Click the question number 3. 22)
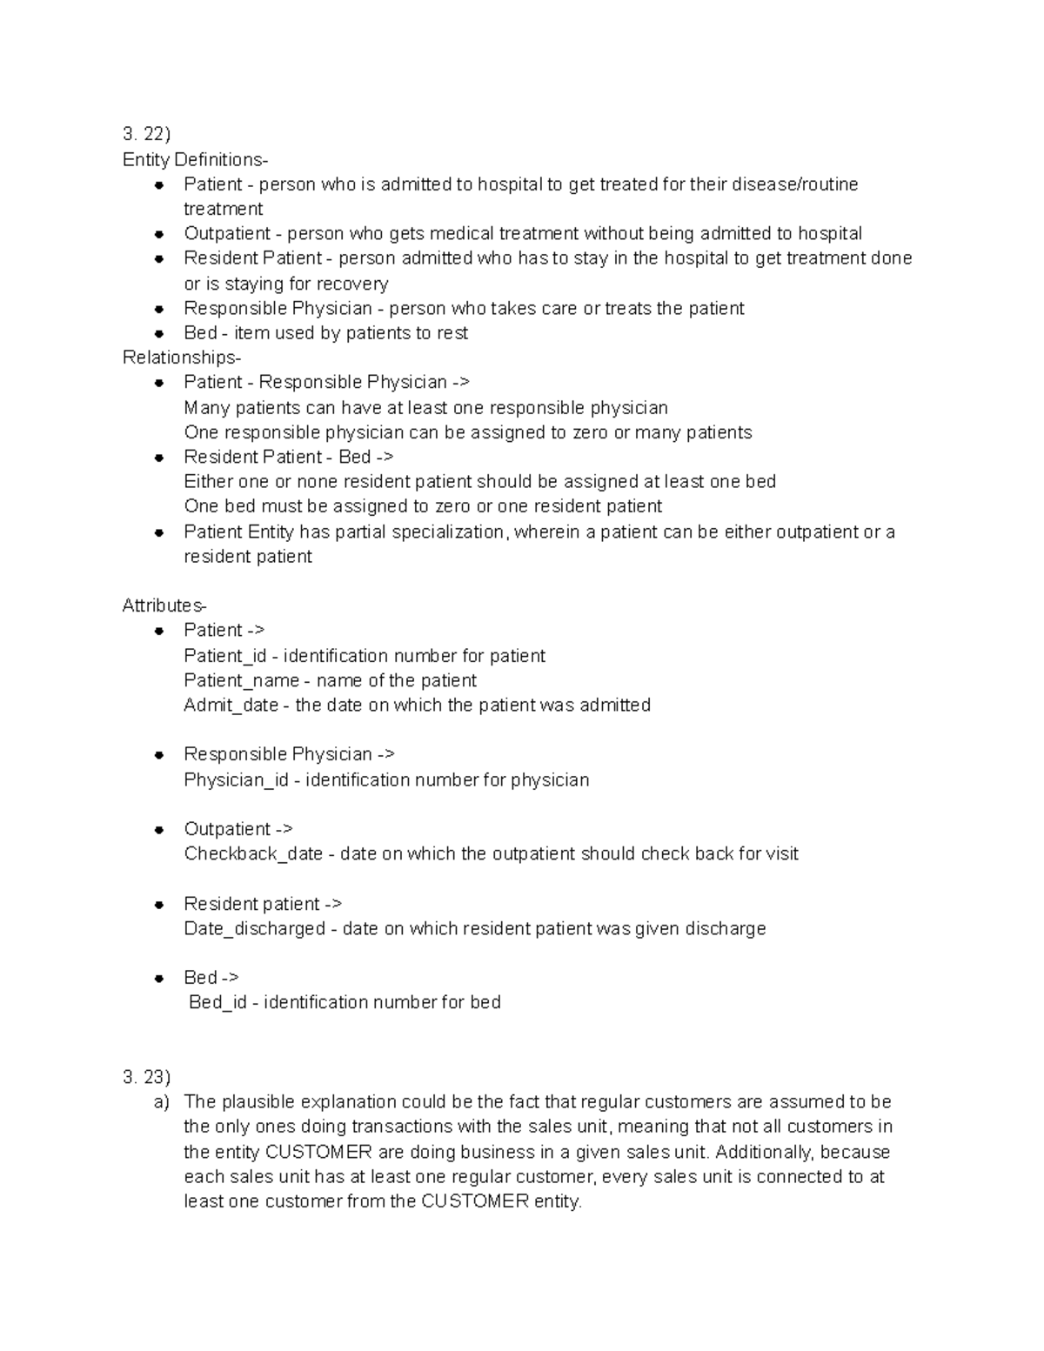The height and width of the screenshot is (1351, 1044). [x=146, y=134]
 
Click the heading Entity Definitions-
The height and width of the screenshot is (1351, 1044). [x=195, y=159]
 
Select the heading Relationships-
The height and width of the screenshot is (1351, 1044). [x=181, y=358]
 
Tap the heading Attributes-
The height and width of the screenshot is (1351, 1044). [x=164, y=605]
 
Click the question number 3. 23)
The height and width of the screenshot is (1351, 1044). [x=146, y=1077]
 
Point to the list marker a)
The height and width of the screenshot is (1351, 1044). [x=162, y=1102]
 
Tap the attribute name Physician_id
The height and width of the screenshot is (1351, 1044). [x=236, y=779]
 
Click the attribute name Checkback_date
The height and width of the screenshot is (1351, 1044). [x=253, y=854]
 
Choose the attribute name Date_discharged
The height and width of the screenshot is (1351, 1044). [x=254, y=929]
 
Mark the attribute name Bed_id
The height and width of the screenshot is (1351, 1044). [x=217, y=1003]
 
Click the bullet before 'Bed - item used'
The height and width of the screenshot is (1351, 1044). [x=159, y=333]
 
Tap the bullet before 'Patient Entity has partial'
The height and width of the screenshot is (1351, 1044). [x=159, y=532]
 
